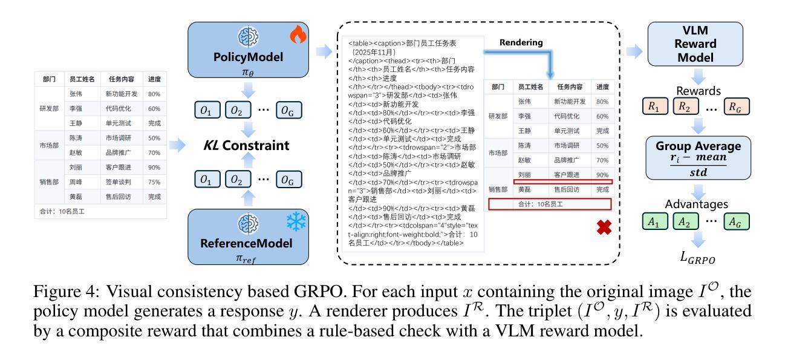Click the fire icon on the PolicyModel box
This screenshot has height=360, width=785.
coord(298,36)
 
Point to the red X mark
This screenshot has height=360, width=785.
coord(604,227)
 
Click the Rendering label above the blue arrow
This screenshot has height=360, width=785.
coord(521,43)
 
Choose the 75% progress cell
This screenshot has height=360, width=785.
coord(154,182)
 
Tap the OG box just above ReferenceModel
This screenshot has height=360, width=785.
coord(288,179)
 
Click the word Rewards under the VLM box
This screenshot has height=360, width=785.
coord(699,91)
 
